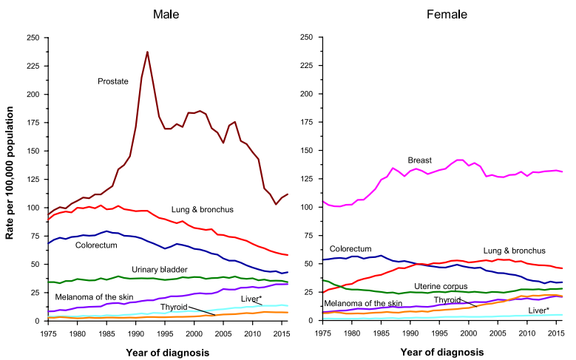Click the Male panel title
[168, 15]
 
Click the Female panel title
[442, 15]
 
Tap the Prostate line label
[113, 81]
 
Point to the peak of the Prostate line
[147, 52]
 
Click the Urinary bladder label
[160, 269]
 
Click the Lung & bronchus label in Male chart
[202, 210]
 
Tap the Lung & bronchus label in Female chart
[515, 251]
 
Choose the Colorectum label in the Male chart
[96, 245]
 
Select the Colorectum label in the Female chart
[350, 249]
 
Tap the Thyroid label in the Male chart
[174, 306]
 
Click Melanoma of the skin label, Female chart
[362, 304]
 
